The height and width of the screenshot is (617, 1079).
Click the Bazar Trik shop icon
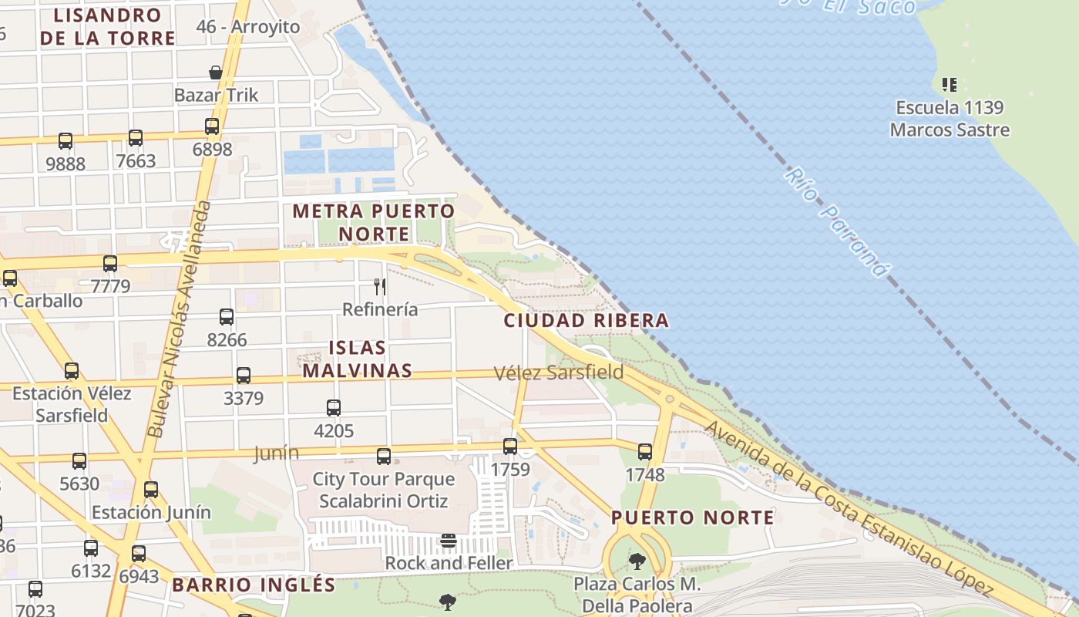[216, 72]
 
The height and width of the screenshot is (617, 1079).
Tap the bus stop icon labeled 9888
[66, 141]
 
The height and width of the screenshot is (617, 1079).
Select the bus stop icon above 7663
[136, 138]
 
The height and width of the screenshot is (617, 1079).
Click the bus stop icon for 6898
[212, 126]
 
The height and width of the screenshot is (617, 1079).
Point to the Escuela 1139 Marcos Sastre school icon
[950, 84]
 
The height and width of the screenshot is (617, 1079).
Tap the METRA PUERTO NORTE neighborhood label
[374, 222]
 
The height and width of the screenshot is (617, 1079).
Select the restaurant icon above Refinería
[379, 287]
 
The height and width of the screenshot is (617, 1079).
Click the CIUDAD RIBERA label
[586, 321]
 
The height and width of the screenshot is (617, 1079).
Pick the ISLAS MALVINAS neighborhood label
[357, 359]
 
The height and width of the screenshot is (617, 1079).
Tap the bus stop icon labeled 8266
[227, 317]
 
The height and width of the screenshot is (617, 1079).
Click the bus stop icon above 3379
[244, 376]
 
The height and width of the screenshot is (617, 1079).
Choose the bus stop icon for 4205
[334, 408]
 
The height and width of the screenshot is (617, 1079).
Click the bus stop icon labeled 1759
[510, 447]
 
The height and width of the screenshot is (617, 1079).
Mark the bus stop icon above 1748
[645, 452]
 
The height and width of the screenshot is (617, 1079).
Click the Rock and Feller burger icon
[449, 541]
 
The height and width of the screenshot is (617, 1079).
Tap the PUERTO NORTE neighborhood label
[693, 518]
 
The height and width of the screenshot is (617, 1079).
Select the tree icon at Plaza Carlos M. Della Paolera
[637, 561]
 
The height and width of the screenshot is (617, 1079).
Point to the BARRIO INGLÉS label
[254, 585]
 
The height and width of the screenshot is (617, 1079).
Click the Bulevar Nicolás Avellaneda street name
[179, 320]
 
